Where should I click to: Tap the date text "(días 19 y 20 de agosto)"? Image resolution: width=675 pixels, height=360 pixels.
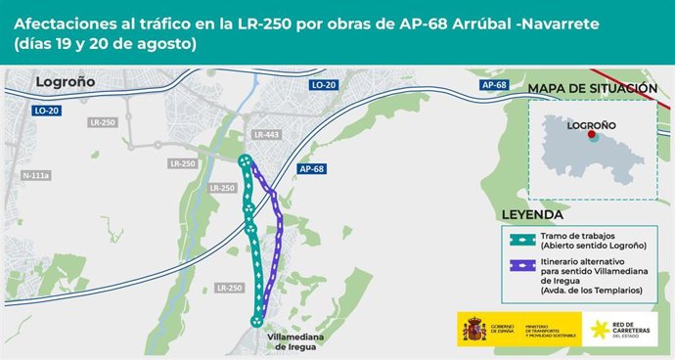105,44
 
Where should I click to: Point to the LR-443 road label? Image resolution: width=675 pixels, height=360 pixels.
266,134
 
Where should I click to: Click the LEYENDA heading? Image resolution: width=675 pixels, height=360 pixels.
532,214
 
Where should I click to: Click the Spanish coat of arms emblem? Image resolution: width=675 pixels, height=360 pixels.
473,328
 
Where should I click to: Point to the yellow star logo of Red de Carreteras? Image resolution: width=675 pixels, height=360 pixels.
597,328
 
